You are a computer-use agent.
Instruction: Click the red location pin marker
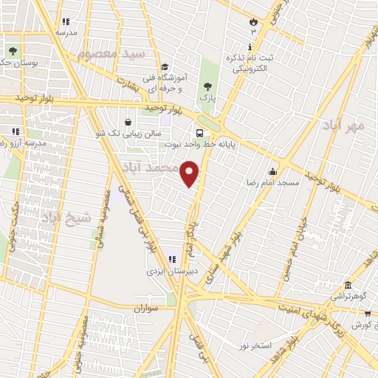coord(190,173)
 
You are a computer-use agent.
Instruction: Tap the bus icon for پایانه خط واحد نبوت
coord(200,133)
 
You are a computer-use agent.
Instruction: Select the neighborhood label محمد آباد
coord(151,168)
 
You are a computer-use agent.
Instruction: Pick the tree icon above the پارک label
coord(206,86)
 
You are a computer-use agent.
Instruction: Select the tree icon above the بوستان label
coord(13,51)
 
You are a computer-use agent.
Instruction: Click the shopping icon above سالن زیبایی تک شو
coord(128,122)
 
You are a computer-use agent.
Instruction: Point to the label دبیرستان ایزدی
coord(169,270)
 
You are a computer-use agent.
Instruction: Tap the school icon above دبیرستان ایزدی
coord(171,259)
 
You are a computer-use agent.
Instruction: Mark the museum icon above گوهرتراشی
coord(348,284)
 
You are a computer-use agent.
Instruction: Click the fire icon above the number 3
coord(254,21)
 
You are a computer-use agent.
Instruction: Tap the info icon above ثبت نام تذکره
coord(248,46)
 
